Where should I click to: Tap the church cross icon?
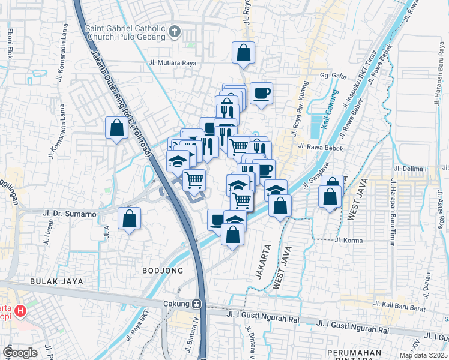(174, 32)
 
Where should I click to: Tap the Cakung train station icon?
(196, 304)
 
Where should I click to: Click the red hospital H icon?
(20, 311)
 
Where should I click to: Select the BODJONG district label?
(163, 271)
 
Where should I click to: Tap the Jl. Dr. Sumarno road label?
(70, 212)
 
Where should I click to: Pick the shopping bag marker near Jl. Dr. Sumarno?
(129, 219)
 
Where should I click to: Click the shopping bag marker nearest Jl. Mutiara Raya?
(243, 53)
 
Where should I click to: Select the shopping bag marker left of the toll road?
(116, 127)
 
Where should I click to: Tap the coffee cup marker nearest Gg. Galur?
(262, 93)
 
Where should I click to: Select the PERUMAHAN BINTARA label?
(357, 352)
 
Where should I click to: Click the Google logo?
(20, 352)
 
